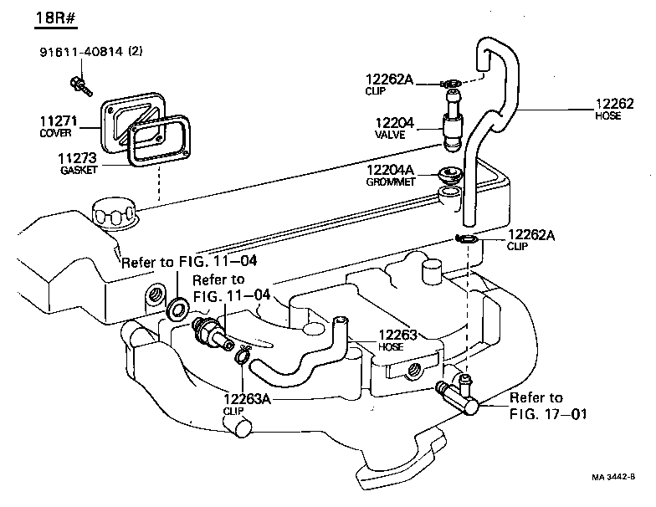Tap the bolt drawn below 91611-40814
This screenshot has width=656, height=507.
(x=79, y=83)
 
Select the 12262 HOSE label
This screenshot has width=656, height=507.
(x=615, y=110)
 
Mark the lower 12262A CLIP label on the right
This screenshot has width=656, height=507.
(x=531, y=240)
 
